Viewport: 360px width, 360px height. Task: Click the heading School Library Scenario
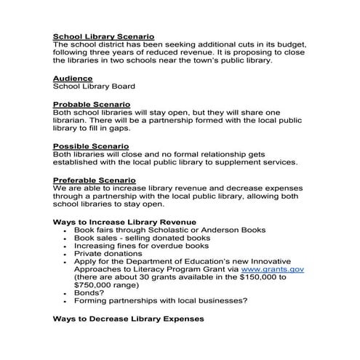pos(104,36)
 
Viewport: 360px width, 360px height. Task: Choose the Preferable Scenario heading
pos(95,180)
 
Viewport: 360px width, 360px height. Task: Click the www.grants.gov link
pos(277,269)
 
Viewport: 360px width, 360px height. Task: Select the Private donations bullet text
pos(107,254)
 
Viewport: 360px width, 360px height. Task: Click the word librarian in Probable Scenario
pos(75,121)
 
